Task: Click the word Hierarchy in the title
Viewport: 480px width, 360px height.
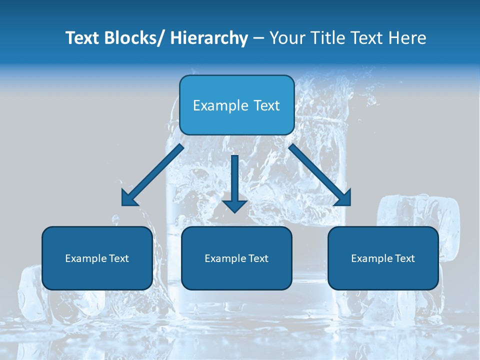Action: (x=209, y=38)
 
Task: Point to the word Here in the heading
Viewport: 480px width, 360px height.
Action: (x=408, y=38)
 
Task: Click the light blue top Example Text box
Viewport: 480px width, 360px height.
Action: (x=236, y=105)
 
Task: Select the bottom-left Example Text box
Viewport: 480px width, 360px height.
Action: (x=97, y=258)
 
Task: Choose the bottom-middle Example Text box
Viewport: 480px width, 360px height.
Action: (x=236, y=258)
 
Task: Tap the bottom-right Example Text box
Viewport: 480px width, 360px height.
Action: (x=383, y=258)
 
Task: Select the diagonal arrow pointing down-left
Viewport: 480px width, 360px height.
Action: (x=152, y=175)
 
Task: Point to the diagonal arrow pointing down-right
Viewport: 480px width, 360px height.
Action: (x=320, y=175)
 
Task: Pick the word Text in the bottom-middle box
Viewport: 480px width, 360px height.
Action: (x=258, y=258)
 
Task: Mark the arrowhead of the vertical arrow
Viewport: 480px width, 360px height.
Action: (x=234, y=205)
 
